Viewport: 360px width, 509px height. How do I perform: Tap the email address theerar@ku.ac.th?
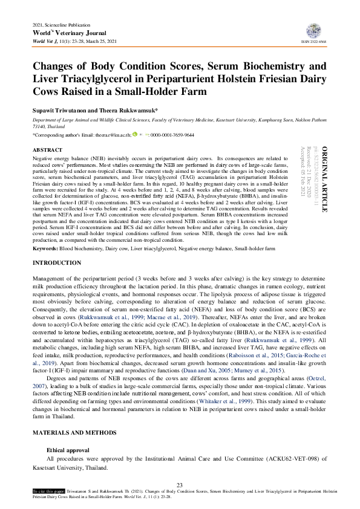click(x=113, y=135)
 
